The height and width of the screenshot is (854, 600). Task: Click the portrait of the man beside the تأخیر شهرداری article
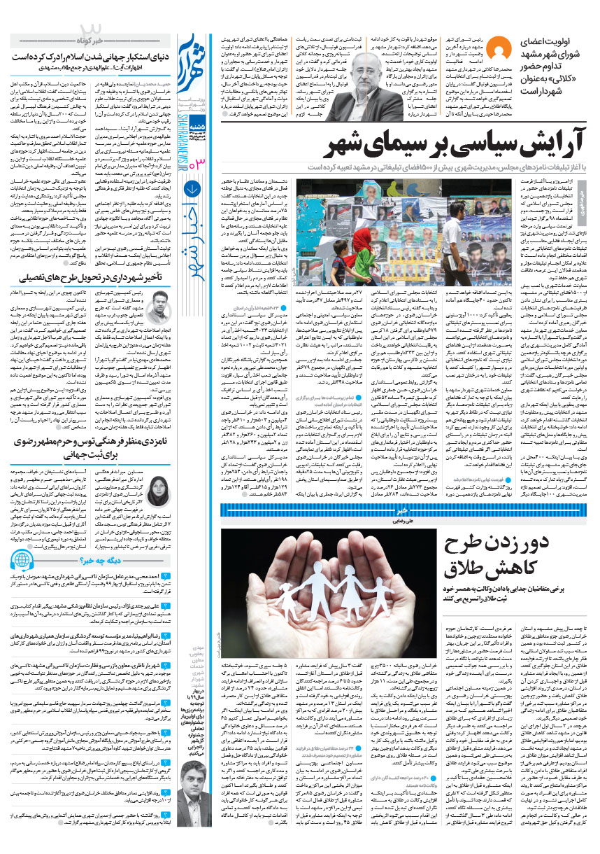coord(158,307)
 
